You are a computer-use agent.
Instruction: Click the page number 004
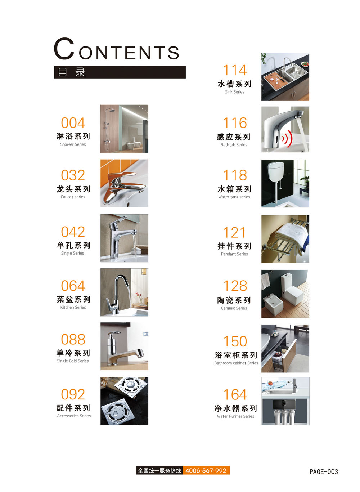tap(73, 123)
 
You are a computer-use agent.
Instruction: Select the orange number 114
tap(235, 70)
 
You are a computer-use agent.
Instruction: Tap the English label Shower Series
tap(73, 144)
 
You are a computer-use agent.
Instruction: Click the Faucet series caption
tap(73, 197)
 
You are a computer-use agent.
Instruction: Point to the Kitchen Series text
tap(73, 307)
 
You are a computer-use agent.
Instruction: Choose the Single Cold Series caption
tap(73, 361)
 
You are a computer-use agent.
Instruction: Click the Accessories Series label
tap(74, 416)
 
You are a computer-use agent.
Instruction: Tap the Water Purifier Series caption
tap(235, 416)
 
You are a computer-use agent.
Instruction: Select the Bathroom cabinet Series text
tap(236, 363)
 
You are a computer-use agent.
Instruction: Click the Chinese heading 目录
tap(71, 72)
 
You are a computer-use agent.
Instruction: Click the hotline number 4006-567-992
tap(206, 470)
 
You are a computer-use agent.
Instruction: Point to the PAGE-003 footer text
tap(324, 471)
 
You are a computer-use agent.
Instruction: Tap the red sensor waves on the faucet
tap(288, 138)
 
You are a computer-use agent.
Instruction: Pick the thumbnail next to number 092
tap(124, 401)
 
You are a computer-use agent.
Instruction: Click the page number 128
tap(235, 286)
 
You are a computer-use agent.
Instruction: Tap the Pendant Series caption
tap(234, 254)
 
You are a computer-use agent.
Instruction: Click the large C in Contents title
tap(64, 49)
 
